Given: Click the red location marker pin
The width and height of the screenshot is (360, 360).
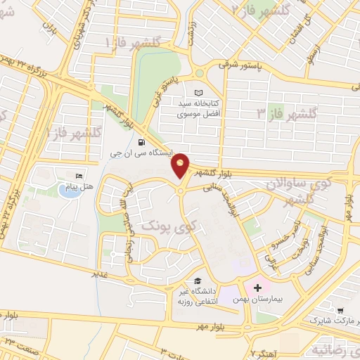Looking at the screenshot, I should (x=181, y=165).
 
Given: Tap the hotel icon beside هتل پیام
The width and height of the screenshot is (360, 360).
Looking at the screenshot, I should (x=79, y=174).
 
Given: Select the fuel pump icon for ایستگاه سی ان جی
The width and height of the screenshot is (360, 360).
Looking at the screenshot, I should (x=143, y=139).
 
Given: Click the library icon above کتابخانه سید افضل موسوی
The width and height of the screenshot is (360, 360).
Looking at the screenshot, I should (x=199, y=93).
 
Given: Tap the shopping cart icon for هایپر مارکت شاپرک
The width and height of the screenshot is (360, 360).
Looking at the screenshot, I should (x=341, y=310).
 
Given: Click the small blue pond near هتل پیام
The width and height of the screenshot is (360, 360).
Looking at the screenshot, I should (x=68, y=190).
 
